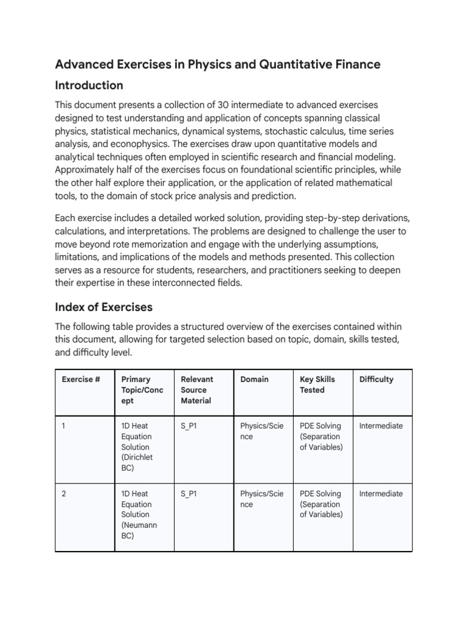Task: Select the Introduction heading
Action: coord(89,85)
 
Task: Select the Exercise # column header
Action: coord(81,379)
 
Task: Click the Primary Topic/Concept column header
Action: coord(142,390)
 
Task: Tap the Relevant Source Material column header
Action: coord(197,390)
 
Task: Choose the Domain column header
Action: coord(254,379)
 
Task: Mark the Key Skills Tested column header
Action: coord(317,384)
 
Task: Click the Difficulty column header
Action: coord(376,379)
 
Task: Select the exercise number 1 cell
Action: coord(64,426)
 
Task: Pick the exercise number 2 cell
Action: coord(64,494)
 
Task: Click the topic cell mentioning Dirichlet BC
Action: coord(137,446)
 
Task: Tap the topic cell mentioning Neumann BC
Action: coord(139,514)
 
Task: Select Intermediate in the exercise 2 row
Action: coord(381,494)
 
